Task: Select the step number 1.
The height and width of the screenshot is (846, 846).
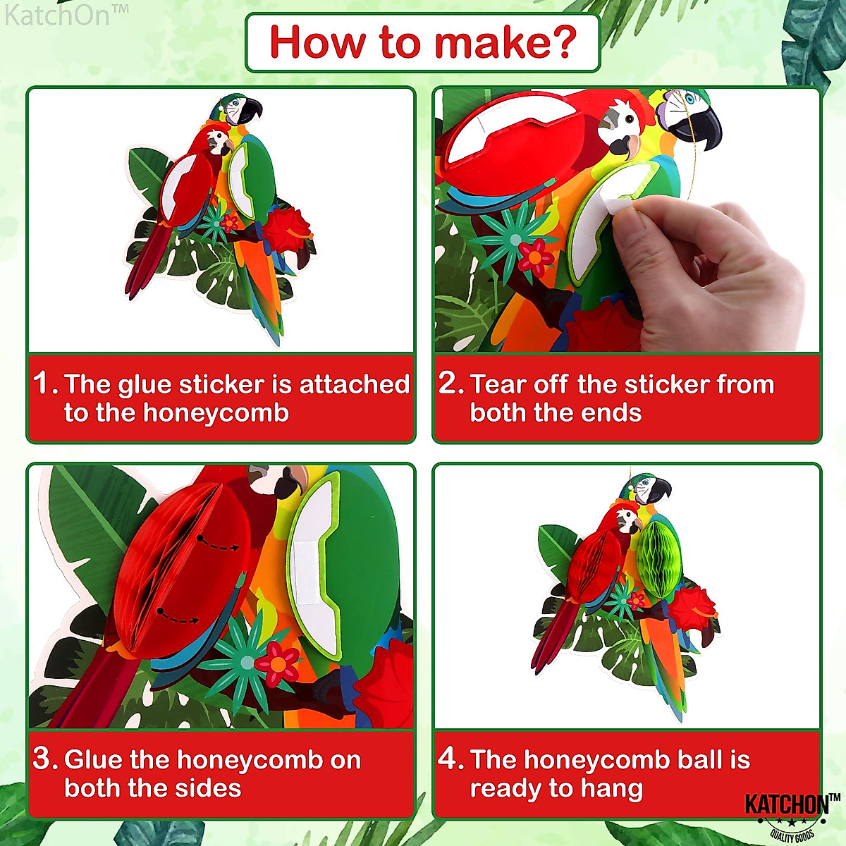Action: [44, 384]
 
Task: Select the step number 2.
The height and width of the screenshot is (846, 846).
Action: [450, 384]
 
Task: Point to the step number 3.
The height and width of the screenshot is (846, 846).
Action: [44, 759]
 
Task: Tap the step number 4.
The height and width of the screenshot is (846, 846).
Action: [450, 759]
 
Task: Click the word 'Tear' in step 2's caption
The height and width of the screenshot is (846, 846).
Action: [498, 384]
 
